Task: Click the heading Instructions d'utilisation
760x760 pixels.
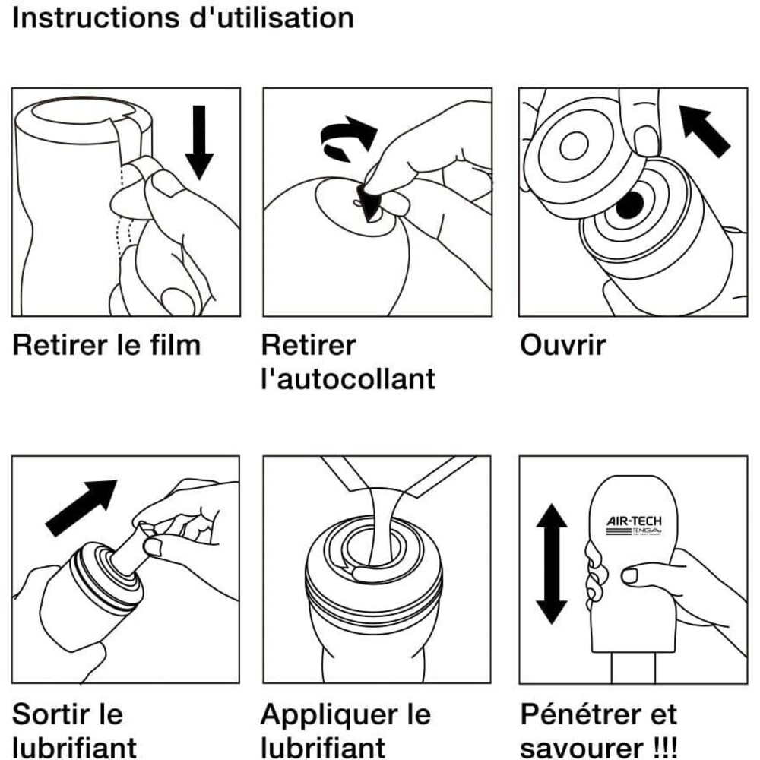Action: pyautogui.click(x=182, y=17)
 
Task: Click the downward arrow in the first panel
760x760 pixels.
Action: pyautogui.click(x=199, y=141)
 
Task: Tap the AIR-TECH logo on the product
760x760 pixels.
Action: pyautogui.click(x=634, y=523)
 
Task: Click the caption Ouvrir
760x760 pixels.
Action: pyautogui.click(x=563, y=346)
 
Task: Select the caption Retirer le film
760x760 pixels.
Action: pyautogui.click(x=106, y=346)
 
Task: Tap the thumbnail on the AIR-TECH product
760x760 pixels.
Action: pyautogui.click(x=630, y=575)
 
